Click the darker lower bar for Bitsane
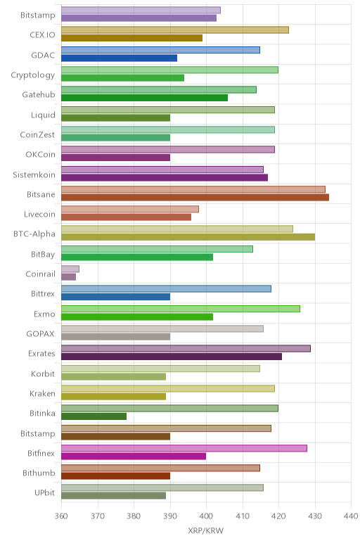click(x=195, y=198)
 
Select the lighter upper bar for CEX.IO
click(x=175, y=30)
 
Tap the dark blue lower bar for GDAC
click(x=119, y=58)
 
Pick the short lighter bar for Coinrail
click(x=70, y=269)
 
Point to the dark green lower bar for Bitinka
click(x=94, y=416)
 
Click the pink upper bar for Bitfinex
click(x=184, y=448)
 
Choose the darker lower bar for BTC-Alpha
click(x=188, y=237)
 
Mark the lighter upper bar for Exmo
click(x=181, y=309)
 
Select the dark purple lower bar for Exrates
click(x=172, y=357)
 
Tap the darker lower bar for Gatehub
click(x=144, y=98)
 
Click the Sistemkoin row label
click(x=34, y=174)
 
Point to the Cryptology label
click(x=33, y=75)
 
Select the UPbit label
click(x=45, y=492)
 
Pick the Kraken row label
click(x=42, y=393)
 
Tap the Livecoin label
click(x=39, y=215)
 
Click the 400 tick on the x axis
click(x=206, y=516)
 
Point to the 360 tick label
click(x=61, y=516)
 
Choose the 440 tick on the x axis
click(x=351, y=516)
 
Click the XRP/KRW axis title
click(x=206, y=530)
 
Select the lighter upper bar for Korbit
click(x=160, y=369)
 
